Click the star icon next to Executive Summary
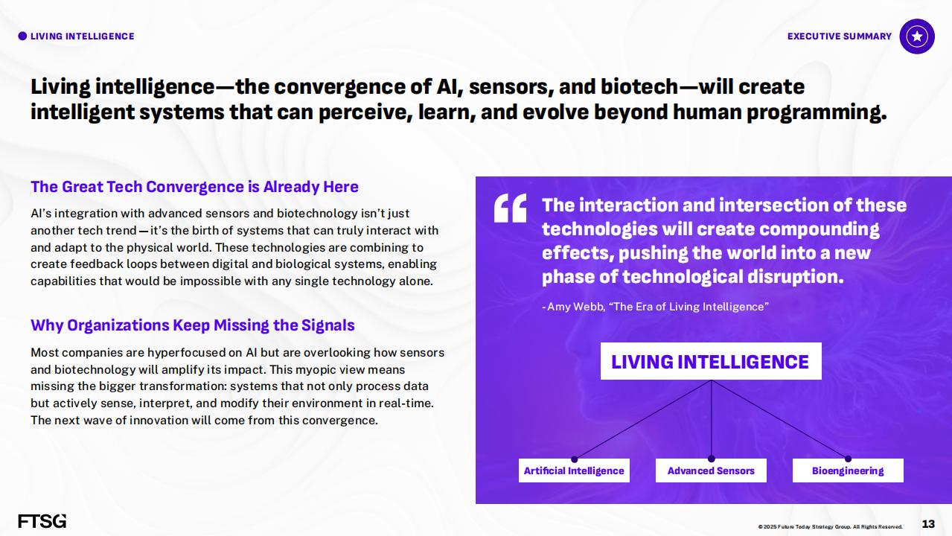pos(917,36)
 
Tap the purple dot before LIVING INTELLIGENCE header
pos(22,36)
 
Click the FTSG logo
pos(42,520)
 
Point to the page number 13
pos(928,523)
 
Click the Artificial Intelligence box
pos(574,470)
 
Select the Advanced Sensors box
pos(711,470)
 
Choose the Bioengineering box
pos(848,470)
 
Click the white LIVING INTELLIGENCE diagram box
pos(711,361)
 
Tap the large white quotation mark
pos(510,208)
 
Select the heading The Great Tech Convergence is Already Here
pos(194,187)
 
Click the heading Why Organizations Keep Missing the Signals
pos(193,325)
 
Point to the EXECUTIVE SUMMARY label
pos(840,36)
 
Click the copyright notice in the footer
pos(830,526)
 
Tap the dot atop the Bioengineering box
pos(848,459)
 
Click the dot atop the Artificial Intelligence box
pos(574,459)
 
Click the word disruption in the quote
pos(795,277)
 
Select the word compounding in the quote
pos(820,229)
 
